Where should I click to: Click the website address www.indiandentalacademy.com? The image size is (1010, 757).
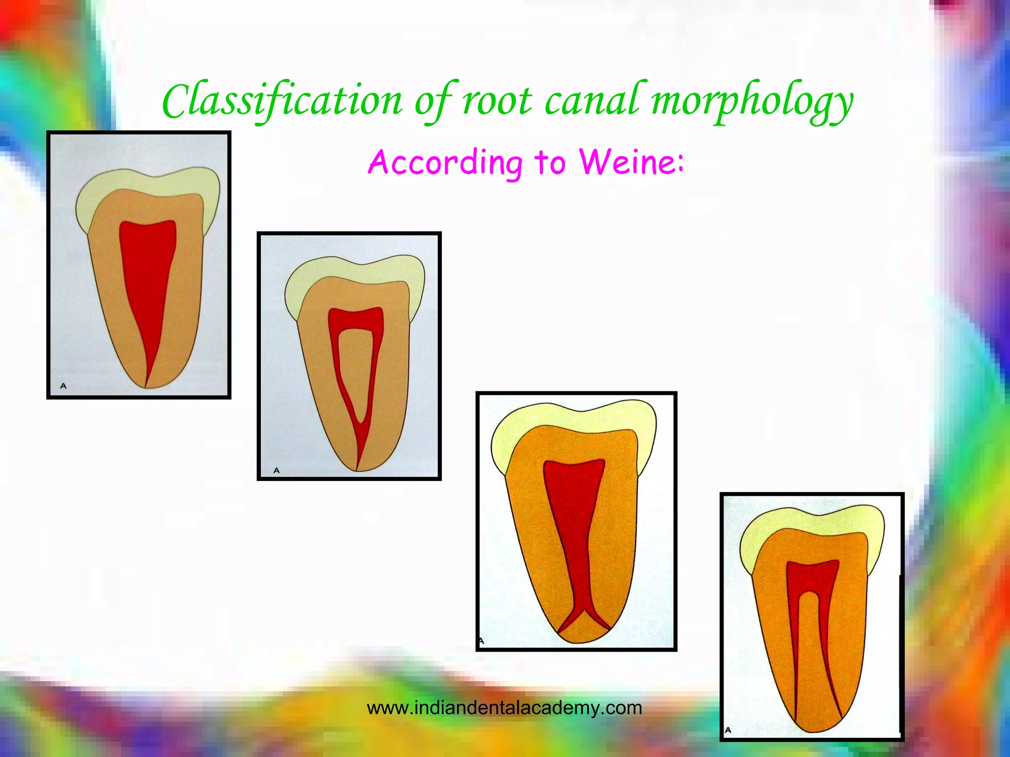(x=505, y=708)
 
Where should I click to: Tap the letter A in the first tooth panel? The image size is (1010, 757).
(x=63, y=386)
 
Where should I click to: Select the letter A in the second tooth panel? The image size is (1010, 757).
(x=276, y=471)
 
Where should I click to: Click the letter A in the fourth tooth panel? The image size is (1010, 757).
(x=728, y=730)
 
